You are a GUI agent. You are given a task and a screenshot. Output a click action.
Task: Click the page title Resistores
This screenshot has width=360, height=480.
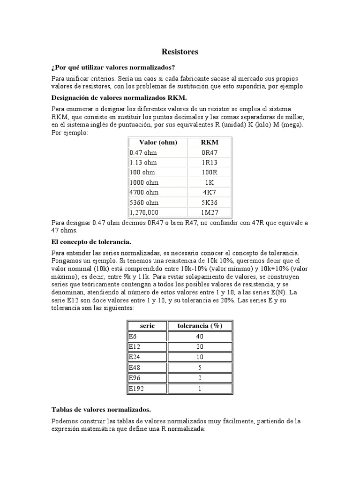[180, 52]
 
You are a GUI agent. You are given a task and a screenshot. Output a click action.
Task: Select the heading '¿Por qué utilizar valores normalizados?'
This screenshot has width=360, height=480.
[115, 67]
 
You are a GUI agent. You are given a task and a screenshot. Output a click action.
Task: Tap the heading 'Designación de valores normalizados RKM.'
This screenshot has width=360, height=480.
[119, 98]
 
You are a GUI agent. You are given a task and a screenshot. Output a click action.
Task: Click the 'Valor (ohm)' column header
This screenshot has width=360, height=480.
[158, 142]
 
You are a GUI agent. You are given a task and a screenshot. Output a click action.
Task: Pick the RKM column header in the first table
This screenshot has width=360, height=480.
[210, 142]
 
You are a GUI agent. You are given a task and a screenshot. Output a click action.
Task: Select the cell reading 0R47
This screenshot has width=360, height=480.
[210, 152]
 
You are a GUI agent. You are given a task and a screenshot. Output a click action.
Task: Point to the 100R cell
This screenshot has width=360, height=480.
[210, 172]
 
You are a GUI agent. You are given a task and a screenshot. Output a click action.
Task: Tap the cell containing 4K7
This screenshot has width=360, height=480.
[210, 193]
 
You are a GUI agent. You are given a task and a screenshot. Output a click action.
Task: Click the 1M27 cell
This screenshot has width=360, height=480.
[210, 212]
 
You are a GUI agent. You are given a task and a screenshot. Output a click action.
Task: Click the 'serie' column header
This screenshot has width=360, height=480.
[147, 326]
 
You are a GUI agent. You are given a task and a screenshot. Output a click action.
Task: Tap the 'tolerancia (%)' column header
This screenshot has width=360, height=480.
[200, 326]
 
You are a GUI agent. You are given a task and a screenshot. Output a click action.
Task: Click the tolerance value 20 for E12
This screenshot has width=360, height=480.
[200, 346]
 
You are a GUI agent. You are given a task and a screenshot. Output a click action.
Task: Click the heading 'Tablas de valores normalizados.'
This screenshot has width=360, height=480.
[101, 409]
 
